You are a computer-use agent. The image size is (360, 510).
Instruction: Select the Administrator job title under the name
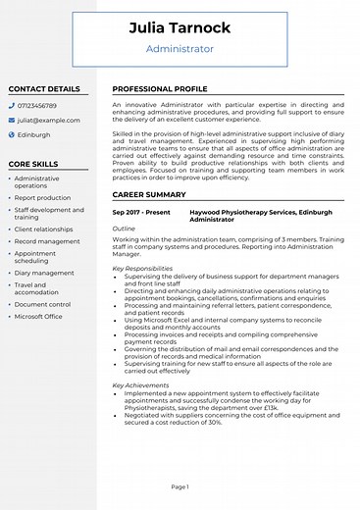[x=180, y=48]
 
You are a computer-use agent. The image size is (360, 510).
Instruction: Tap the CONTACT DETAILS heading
[x=44, y=88]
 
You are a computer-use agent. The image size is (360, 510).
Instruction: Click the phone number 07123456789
[x=36, y=105]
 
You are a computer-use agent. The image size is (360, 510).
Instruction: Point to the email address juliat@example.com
[x=47, y=120]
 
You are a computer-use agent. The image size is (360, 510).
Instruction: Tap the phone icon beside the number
[x=11, y=105]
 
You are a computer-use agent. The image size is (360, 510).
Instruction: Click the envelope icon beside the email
[x=11, y=120]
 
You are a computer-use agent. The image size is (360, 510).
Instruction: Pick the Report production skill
[x=42, y=198]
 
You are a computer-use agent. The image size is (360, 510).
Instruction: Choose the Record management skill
[x=47, y=241]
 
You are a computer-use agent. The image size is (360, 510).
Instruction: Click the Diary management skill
[x=44, y=274]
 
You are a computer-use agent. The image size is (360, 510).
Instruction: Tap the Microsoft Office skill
[x=38, y=317]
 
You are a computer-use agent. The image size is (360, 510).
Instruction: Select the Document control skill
[x=42, y=304]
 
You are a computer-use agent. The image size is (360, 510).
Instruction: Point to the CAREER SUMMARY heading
[x=149, y=195]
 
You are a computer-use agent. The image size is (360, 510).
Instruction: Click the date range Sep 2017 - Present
[x=141, y=212]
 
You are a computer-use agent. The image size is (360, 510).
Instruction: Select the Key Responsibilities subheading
[x=142, y=268]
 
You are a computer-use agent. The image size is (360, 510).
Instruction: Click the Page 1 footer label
[x=180, y=486]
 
